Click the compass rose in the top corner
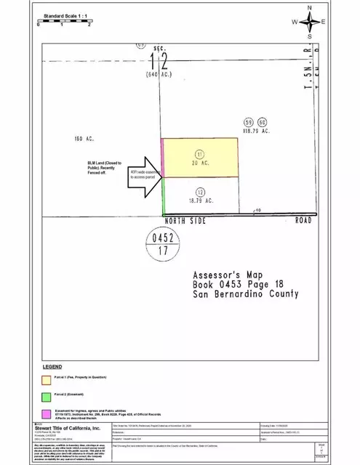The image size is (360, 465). tap(309, 22)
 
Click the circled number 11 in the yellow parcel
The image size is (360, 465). tap(200, 153)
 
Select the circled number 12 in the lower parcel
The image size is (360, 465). tap(200, 190)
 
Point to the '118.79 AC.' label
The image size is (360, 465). tap(256, 131)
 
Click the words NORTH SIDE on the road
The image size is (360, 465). tap(191, 219)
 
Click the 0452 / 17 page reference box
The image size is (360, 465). tap(161, 244)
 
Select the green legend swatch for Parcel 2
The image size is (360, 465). tap(46, 396)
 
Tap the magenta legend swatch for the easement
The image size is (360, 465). tap(46, 414)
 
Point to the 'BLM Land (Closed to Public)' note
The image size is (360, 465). tap(105, 168)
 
